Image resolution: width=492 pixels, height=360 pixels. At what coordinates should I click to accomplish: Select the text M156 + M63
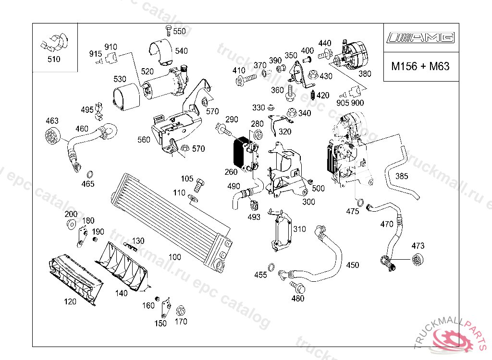(420, 66)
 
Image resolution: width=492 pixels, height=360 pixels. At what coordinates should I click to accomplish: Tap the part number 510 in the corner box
(54, 60)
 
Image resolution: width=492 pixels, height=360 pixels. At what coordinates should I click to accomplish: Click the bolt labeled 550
(168, 30)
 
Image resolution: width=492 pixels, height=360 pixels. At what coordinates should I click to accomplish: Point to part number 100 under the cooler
(175, 257)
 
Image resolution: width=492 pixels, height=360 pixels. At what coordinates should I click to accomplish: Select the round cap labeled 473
(418, 260)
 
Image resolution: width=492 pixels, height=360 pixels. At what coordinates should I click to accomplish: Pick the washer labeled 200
(71, 223)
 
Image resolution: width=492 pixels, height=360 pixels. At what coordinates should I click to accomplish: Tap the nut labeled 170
(181, 310)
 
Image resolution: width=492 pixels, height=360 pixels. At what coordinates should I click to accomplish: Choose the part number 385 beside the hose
(402, 176)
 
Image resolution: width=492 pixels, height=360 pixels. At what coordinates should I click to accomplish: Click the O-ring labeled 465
(89, 173)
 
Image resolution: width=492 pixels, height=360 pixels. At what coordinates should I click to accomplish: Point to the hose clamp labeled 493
(254, 205)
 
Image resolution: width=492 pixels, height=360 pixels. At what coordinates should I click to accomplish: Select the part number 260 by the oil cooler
(231, 172)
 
